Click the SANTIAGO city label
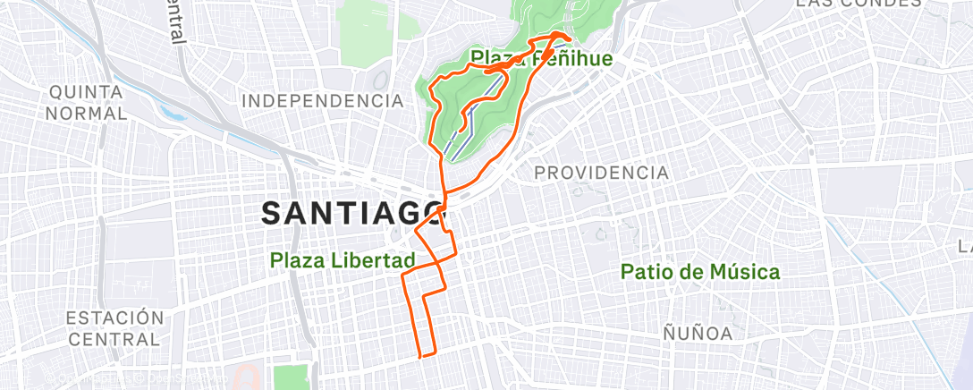pos(354,213)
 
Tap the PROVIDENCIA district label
pos(601,173)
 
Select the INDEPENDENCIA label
pos(323,100)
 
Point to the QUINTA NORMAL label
pos(88,103)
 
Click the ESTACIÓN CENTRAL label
pos(114,328)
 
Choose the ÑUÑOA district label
pos(698,334)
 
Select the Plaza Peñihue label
pos(542,59)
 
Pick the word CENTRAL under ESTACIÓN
pos(114,339)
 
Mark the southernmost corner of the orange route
pos(420,356)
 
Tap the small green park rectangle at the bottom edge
pos(288,377)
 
